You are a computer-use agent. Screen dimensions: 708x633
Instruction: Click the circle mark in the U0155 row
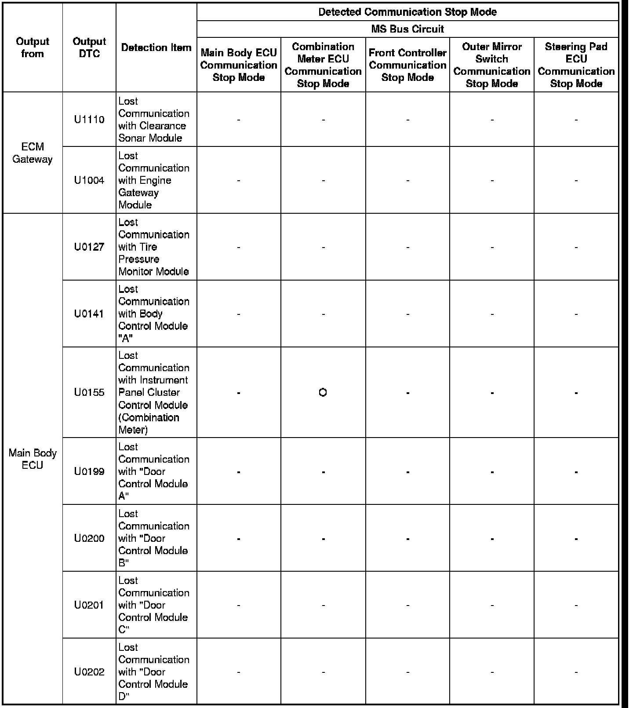[x=323, y=392]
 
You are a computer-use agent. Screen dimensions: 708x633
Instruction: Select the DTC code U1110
[x=89, y=120]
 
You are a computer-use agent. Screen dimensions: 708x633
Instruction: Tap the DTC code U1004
[x=89, y=180]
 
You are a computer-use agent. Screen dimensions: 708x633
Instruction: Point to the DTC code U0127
[x=89, y=247]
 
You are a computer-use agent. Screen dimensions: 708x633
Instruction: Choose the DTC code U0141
[x=89, y=314]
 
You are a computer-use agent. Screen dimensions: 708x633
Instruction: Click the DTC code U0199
[x=89, y=472]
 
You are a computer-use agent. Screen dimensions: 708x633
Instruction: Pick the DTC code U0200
[x=89, y=539]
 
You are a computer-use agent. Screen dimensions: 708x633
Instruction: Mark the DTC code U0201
[x=89, y=605]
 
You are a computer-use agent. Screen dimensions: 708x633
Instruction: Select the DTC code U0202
[x=89, y=672]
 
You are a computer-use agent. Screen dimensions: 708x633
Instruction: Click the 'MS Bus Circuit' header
[x=407, y=29]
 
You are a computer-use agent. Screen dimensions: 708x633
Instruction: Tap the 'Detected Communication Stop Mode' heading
[x=407, y=12]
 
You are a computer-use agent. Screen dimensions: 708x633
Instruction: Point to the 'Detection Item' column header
[x=156, y=47]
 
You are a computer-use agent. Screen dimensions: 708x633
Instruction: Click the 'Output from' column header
[x=33, y=47]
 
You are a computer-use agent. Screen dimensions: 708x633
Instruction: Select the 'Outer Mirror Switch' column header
[x=492, y=65]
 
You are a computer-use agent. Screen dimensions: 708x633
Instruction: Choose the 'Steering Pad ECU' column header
[x=576, y=65]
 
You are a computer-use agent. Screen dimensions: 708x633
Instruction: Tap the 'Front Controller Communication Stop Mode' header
[x=407, y=65]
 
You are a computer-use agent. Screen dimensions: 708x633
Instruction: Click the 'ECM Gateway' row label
[x=33, y=153]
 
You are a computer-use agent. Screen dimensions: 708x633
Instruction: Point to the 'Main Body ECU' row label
[x=33, y=459]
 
